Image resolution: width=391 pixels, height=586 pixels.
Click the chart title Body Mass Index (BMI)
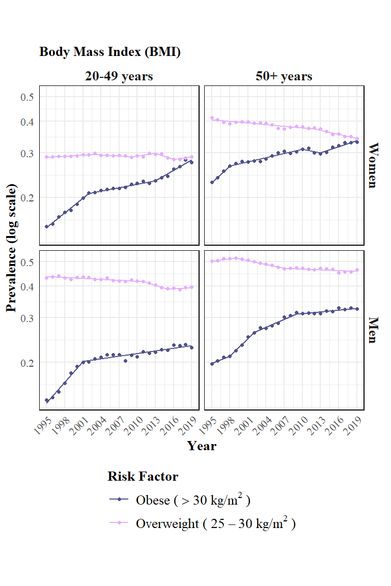coord(110,51)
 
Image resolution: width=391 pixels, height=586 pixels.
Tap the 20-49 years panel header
coord(119,76)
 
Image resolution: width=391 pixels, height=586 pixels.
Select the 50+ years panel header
coord(284,76)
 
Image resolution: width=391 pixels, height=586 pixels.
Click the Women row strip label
coord(373,165)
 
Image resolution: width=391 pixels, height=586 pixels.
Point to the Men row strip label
coord(373,330)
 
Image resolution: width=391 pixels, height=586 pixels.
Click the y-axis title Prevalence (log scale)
coord(12,248)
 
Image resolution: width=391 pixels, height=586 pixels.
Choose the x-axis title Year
coord(202,446)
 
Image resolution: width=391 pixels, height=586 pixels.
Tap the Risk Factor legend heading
coord(143,477)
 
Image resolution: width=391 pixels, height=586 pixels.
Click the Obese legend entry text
coord(193,500)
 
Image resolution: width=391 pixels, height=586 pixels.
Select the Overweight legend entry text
coord(216,523)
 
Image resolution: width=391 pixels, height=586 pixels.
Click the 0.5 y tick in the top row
coord(27,97)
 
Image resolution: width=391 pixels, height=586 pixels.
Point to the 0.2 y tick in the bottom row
coord(27,363)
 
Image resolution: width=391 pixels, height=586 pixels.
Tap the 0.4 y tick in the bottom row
coord(27,287)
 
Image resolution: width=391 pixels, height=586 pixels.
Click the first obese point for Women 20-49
coord(46,227)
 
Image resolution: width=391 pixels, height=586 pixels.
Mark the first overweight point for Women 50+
coord(212,118)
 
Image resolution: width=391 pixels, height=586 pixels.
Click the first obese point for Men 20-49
coord(46,400)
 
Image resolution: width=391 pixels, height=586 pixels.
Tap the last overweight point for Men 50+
coord(357,270)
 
